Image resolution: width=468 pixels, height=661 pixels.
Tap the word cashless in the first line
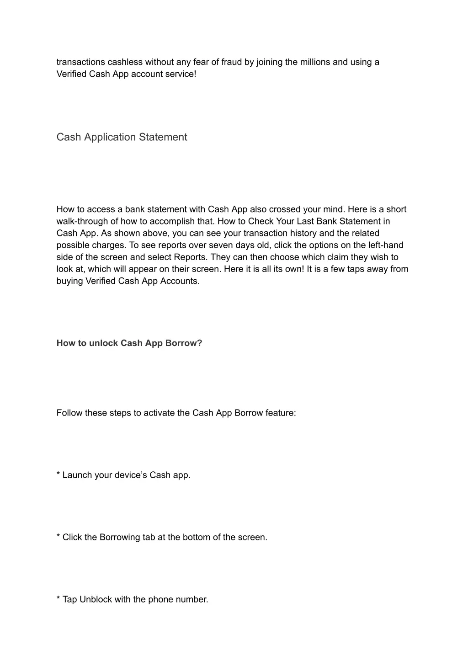125,62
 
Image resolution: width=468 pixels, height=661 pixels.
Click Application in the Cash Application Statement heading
109,137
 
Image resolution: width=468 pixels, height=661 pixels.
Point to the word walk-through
81,221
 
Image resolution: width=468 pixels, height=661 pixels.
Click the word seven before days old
221,245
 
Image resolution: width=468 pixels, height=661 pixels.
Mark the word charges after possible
110,245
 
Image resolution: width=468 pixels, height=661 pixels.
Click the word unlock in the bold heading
103,343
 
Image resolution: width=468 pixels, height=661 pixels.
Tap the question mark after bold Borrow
200,343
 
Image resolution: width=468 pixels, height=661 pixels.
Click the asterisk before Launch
58,474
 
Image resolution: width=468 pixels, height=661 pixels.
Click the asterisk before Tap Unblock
58,599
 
